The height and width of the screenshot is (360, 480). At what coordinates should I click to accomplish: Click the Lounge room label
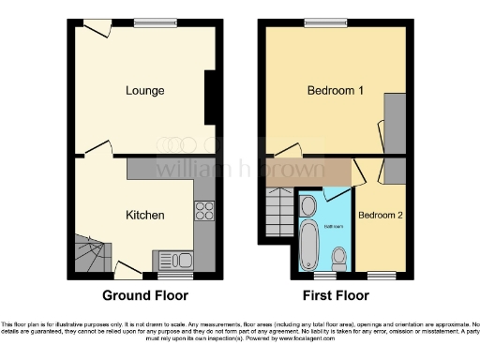[145, 91]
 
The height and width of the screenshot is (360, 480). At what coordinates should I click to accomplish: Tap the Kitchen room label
[145, 215]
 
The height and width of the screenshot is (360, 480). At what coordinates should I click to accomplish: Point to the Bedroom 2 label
[381, 215]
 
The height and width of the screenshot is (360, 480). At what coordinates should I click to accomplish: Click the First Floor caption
[335, 294]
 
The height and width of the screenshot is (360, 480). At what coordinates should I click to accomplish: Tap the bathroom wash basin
[308, 205]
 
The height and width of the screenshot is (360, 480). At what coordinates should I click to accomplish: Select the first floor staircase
[277, 211]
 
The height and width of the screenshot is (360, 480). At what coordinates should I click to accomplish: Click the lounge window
[148, 22]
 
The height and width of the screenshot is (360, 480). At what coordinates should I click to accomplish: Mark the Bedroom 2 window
[381, 276]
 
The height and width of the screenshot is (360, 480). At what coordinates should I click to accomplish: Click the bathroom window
[324, 276]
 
